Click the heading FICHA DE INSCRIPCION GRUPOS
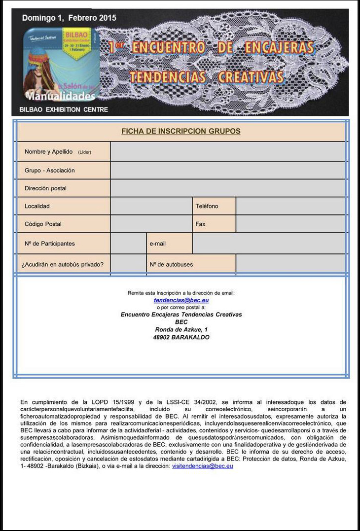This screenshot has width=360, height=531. [x=181, y=131]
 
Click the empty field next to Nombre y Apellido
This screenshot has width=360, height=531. [x=228, y=151]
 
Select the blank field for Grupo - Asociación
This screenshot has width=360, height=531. [x=228, y=170]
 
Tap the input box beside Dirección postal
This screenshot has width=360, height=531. [x=228, y=188]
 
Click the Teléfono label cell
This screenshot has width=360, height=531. [x=214, y=206]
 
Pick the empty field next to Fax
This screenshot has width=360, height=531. [x=291, y=224]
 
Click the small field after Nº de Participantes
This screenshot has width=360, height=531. [x=128, y=244]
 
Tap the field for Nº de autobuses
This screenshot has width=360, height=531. [x=291, y=264]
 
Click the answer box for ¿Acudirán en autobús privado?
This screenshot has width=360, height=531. [x=128, y=264]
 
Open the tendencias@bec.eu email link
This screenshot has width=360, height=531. [x=181, y=300]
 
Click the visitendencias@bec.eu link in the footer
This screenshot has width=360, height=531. [x=202, y=466]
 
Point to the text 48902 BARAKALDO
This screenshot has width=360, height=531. [x=181, y=337]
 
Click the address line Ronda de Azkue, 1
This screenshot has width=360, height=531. [x=181, y=329]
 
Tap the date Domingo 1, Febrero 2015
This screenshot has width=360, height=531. [x=69, y=18]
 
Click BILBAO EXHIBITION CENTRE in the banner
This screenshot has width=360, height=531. [x=64, y=109]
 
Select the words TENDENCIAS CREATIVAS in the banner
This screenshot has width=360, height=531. [x=207, y=77]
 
